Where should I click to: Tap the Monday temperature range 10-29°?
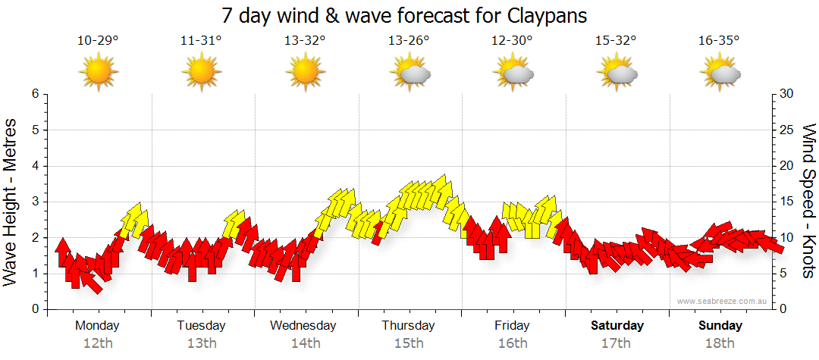pyautogui.click(x=98, y=41)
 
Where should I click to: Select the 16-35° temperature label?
pyautogui.click(x=720, y=41)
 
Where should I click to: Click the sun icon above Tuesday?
pyautogui.click(x=202, y=73)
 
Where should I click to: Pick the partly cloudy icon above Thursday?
pyautogui.click(x=410, y=73)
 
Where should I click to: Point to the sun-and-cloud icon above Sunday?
pyautogui.click(x=720, y=73)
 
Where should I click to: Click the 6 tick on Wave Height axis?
pyautogui.click(x=34, y=94)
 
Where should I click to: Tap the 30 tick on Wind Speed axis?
pyautogui.click(x=788, y=94)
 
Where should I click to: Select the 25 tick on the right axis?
pyautogui.click(x=788, y=130)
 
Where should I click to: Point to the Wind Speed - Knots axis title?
pyautogui.click(x=808, y=201)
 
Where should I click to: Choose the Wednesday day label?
pyautogui.click(x=303, y=326)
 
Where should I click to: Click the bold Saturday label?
pyautogui.click(x=617, y=326)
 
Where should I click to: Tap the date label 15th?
pyautogui.click(x=409, y=343)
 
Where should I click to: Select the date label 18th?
pyautogui.click(x=720, y=343)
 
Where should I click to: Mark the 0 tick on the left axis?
pyautogui.click(x=34, y=309)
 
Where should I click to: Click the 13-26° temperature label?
pyautogui.click(x=409, y=41)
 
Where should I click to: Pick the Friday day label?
pyautogui.click(x=512, y=326)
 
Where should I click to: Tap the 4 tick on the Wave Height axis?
pyautogui.click(x=34, y=166)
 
